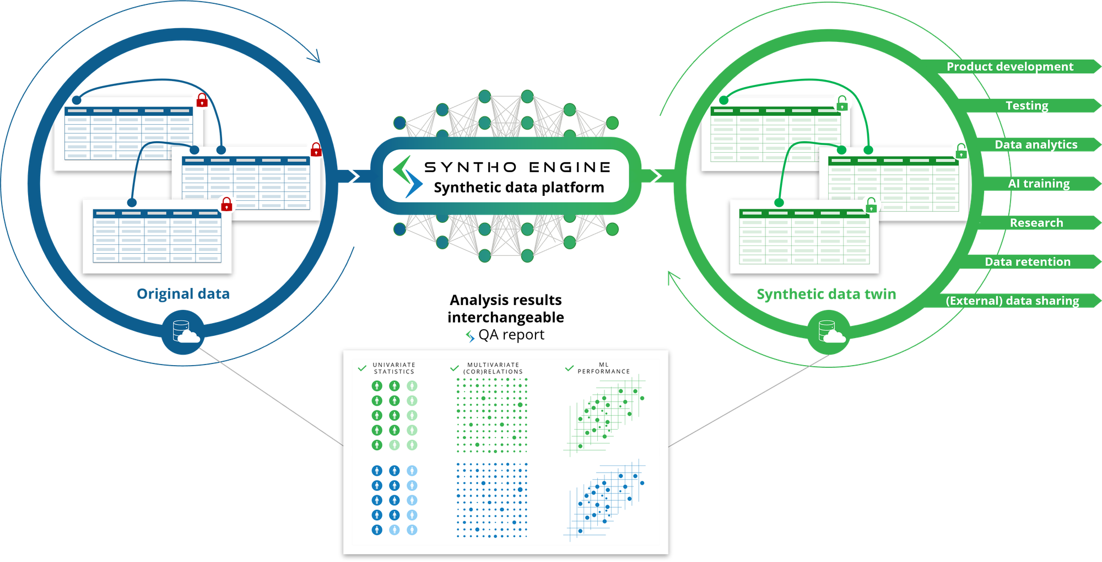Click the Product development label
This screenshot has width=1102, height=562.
1009,67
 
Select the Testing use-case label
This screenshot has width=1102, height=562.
1027,105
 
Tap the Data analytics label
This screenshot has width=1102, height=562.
1035,144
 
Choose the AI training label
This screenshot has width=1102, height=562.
1039,184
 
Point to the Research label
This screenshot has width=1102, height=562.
1036,223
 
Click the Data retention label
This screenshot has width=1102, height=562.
1027,262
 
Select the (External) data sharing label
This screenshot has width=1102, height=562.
1012,301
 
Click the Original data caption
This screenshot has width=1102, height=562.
182,294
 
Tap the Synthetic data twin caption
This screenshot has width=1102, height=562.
826,295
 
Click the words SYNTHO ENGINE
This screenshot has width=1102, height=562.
517,167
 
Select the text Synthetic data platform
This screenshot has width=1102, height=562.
518,188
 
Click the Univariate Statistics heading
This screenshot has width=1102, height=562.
394,368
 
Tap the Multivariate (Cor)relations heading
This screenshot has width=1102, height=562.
493,368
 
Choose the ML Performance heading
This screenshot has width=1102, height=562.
603,368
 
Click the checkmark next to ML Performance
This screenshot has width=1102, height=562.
569,368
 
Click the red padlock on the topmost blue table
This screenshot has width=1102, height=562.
202,100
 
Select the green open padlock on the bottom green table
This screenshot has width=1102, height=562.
871,206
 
